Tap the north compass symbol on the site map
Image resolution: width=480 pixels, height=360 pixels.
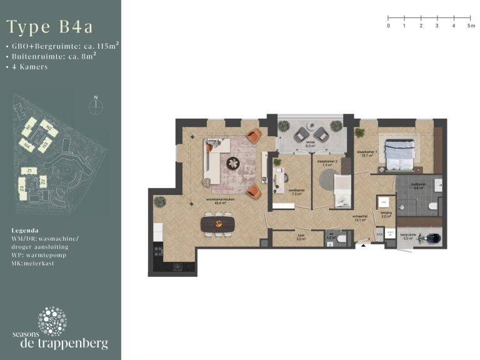(96, 106)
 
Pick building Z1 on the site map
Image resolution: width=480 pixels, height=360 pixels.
(29, 171)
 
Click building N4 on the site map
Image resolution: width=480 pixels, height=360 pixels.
(27, 146)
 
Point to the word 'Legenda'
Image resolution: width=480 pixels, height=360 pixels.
(25, 230)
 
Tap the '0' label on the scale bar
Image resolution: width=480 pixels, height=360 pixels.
(388, 26)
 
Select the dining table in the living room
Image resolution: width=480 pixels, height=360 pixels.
(218, 222)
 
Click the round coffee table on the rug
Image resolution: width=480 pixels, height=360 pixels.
(233, 164)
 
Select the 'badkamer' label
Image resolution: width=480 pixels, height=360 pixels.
(419, 186)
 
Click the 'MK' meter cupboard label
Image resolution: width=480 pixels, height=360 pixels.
(379, 234)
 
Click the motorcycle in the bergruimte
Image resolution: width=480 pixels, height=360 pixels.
(431, 237)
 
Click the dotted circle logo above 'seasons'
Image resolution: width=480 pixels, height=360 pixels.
(52, 321)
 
